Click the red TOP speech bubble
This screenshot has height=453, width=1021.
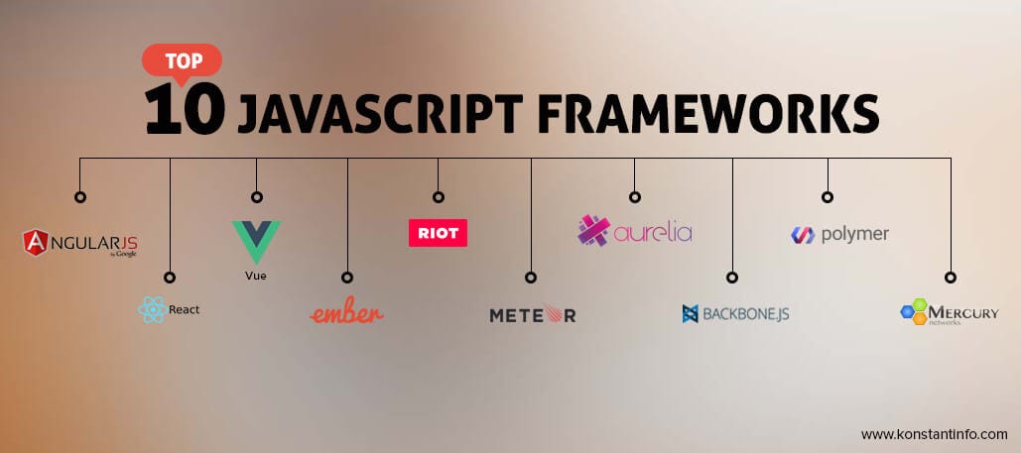click(x=181, y=60)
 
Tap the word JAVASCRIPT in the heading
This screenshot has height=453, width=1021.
click(x=377, y=114)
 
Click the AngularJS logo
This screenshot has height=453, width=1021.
click(x=80, y=242)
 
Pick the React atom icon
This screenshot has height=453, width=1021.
click(x=151, y=310)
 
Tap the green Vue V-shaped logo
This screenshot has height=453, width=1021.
click(x=256, y=242)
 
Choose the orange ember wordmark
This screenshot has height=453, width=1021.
click(x=347, y=313)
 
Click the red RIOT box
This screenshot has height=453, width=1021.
click(x=438, y=232)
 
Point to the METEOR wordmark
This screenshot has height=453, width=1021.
click(x=532, y=315)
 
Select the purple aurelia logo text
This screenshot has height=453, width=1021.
click(x=652, y=234)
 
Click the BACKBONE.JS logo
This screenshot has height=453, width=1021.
click(x=735, y=314)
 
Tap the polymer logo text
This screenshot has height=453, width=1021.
click(x=854, y=235)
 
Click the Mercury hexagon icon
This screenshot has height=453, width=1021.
click(x=913, y=313)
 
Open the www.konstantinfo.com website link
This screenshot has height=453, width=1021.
click(x=934, y=434)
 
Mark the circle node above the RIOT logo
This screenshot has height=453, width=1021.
click(x=438, y=196)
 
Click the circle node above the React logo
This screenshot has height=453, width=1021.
click(x=170, y=278)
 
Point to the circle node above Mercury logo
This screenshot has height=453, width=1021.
click(x=950, y=278)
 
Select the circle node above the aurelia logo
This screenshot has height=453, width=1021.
click(x=634, y=196)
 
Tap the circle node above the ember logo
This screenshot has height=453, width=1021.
click(x=347, y=278)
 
